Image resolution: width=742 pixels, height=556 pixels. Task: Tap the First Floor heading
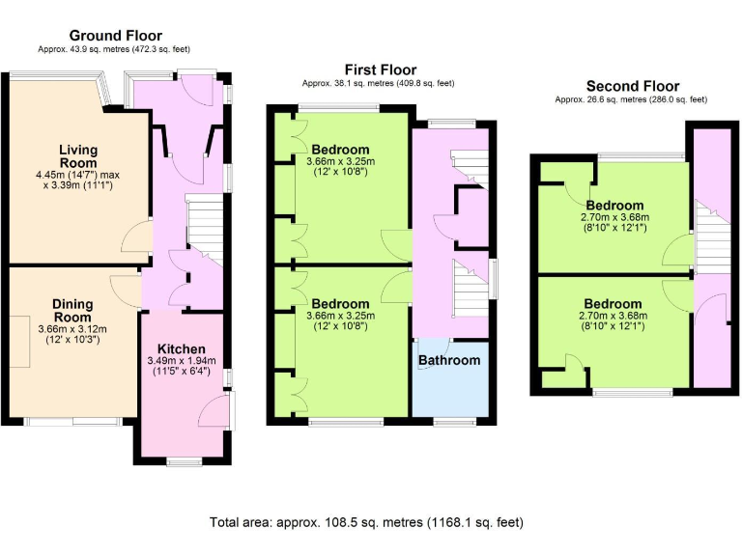(381, 69)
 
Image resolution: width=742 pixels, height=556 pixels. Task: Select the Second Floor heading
(632, 86)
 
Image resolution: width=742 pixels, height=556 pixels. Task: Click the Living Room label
(78, 156)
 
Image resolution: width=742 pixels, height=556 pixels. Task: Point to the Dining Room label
(72, 310)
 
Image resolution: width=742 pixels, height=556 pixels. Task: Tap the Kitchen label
(183, 348)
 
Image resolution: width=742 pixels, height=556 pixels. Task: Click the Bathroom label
(448, 360)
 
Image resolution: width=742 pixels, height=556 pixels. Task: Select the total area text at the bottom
(366, 522)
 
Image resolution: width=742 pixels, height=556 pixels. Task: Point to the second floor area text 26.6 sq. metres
(631, 99)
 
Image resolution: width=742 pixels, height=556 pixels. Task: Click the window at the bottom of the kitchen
(183, 460)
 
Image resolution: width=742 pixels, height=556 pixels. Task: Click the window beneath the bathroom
(452, 421)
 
